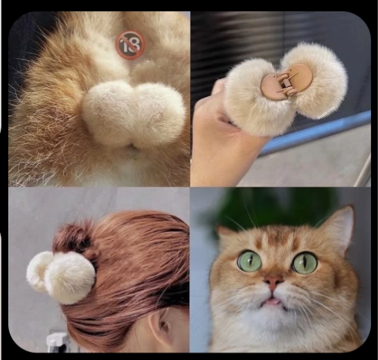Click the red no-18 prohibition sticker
(131, 44)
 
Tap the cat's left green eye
(250, 261)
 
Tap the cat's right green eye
(305, 262)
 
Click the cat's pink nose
(273, 282)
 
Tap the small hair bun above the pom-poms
(72, 237)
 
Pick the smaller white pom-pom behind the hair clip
(39, 271)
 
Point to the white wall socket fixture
(57, 342)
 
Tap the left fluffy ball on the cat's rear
(109, 115)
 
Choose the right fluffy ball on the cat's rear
(159, 114)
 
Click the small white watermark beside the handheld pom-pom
(326, 113)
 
